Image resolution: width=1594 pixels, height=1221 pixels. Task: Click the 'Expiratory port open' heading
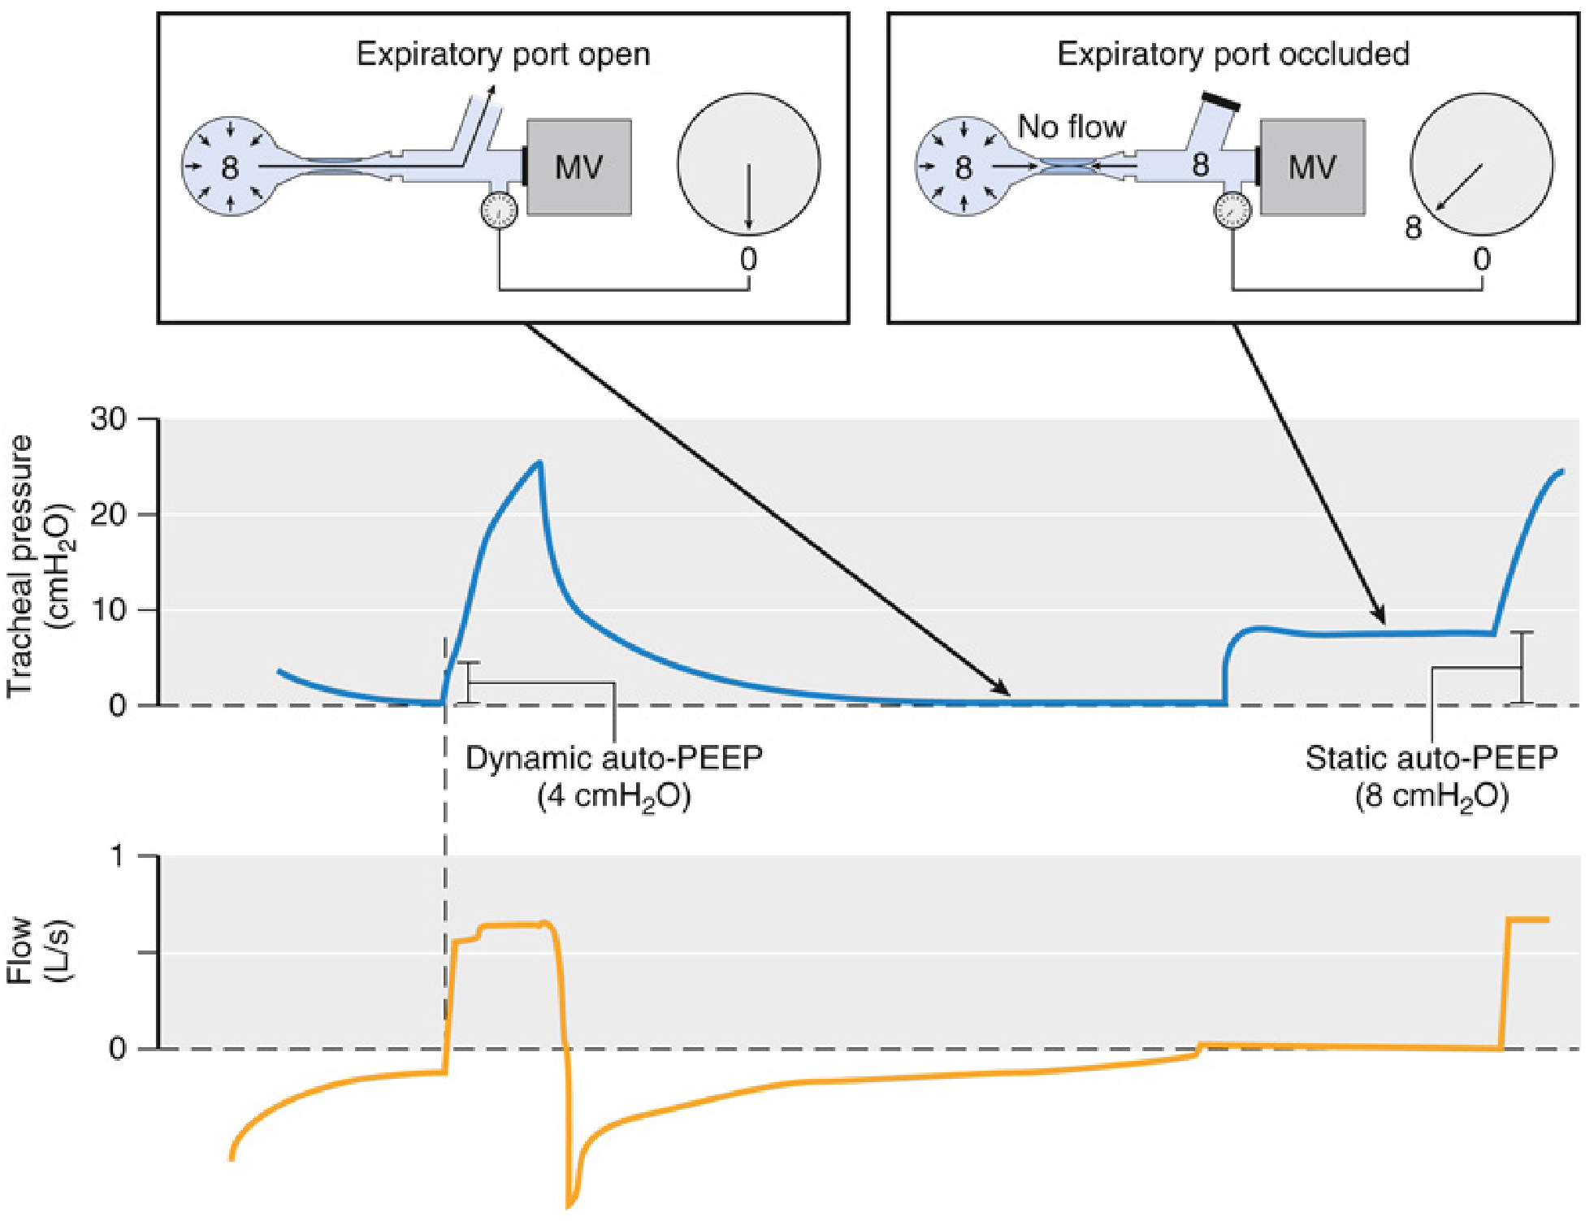(503, 54)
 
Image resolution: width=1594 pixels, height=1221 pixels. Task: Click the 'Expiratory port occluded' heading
(1232, 54)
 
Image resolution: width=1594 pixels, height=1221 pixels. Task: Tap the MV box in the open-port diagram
(578, 167)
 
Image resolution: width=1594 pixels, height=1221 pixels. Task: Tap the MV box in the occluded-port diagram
(1311, 167)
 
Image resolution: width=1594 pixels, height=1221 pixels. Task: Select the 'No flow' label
(1071, 127)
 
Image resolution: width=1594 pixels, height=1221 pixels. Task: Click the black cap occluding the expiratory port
(1220, 102)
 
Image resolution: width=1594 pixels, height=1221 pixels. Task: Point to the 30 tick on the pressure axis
(109, 419)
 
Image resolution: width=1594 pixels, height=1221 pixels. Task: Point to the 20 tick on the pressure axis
(109, 514)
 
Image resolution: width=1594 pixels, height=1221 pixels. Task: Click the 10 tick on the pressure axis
(109, 610)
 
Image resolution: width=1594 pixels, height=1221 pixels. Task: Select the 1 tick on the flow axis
(119, 856)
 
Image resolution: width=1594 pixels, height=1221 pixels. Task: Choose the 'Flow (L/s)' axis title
(37, 950)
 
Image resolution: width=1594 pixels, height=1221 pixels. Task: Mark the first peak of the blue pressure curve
(539, 462)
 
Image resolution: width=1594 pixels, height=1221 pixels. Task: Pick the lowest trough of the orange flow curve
(570, 1205)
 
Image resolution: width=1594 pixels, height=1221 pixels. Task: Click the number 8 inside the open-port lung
(230, 168)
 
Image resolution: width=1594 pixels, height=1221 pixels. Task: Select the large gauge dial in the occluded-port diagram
(1481, 165)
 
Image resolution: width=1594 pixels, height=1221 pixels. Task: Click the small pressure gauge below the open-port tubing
(499, 211)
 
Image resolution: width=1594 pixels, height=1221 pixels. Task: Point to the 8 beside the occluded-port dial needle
(1414, 228)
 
